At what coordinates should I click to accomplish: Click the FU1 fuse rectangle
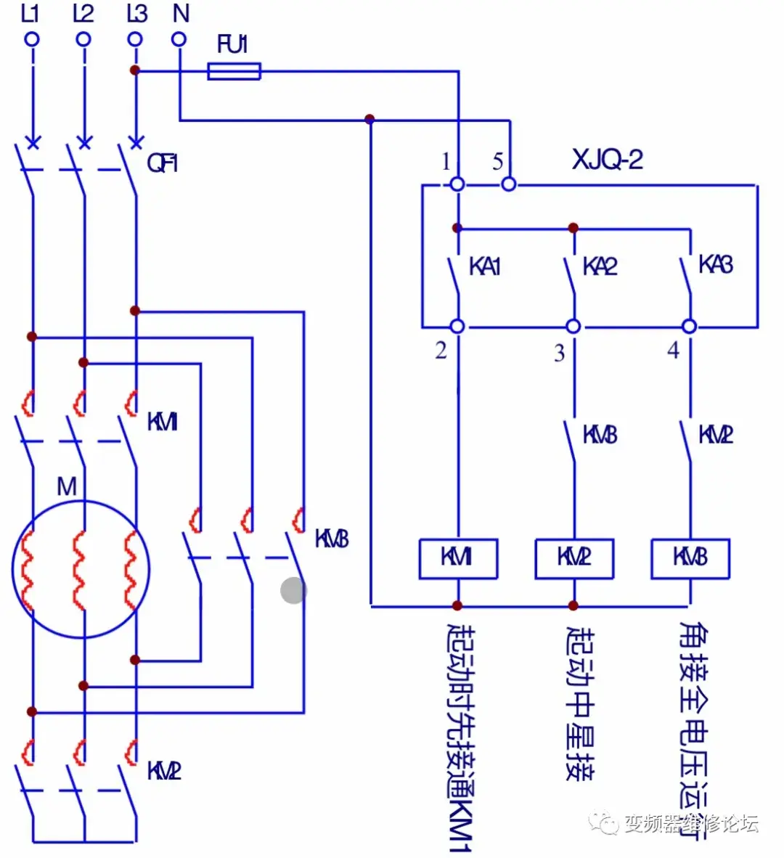click(x=234, y=71)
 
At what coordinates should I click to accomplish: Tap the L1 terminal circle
click(x=32, y=39)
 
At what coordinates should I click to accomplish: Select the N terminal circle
click(x=179, y=39)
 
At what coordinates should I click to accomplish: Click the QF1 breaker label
click(x=162, y=163)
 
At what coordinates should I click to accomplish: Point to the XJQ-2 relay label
click(x=607, y=160)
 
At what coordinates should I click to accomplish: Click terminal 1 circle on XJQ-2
click(x=457, y=184)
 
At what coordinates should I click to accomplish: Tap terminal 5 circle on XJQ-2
click(x=509, y=184)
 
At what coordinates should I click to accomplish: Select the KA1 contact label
click(x=485, y=266)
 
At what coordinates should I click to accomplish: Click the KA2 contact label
click(x=600, y=266)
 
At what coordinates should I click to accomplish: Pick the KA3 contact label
click(x=715, y=265)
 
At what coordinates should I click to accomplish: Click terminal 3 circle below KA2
click(x=573, y=327)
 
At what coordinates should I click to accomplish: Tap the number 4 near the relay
click(x=673, y=351)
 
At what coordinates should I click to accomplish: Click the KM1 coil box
click(x=458, y=558)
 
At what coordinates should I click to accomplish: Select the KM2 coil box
click(x=574, y=558)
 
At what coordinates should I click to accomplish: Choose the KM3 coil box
click(x=690, y=558)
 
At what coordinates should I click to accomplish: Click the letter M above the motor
click(x=66, y=486)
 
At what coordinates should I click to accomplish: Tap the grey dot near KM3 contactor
click(x=293, y=590)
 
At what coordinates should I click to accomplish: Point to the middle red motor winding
click(x=79, y=570)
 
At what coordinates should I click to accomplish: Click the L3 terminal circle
click(x=135, y=39)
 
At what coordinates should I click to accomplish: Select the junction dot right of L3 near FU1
click(x=134, y=70)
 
